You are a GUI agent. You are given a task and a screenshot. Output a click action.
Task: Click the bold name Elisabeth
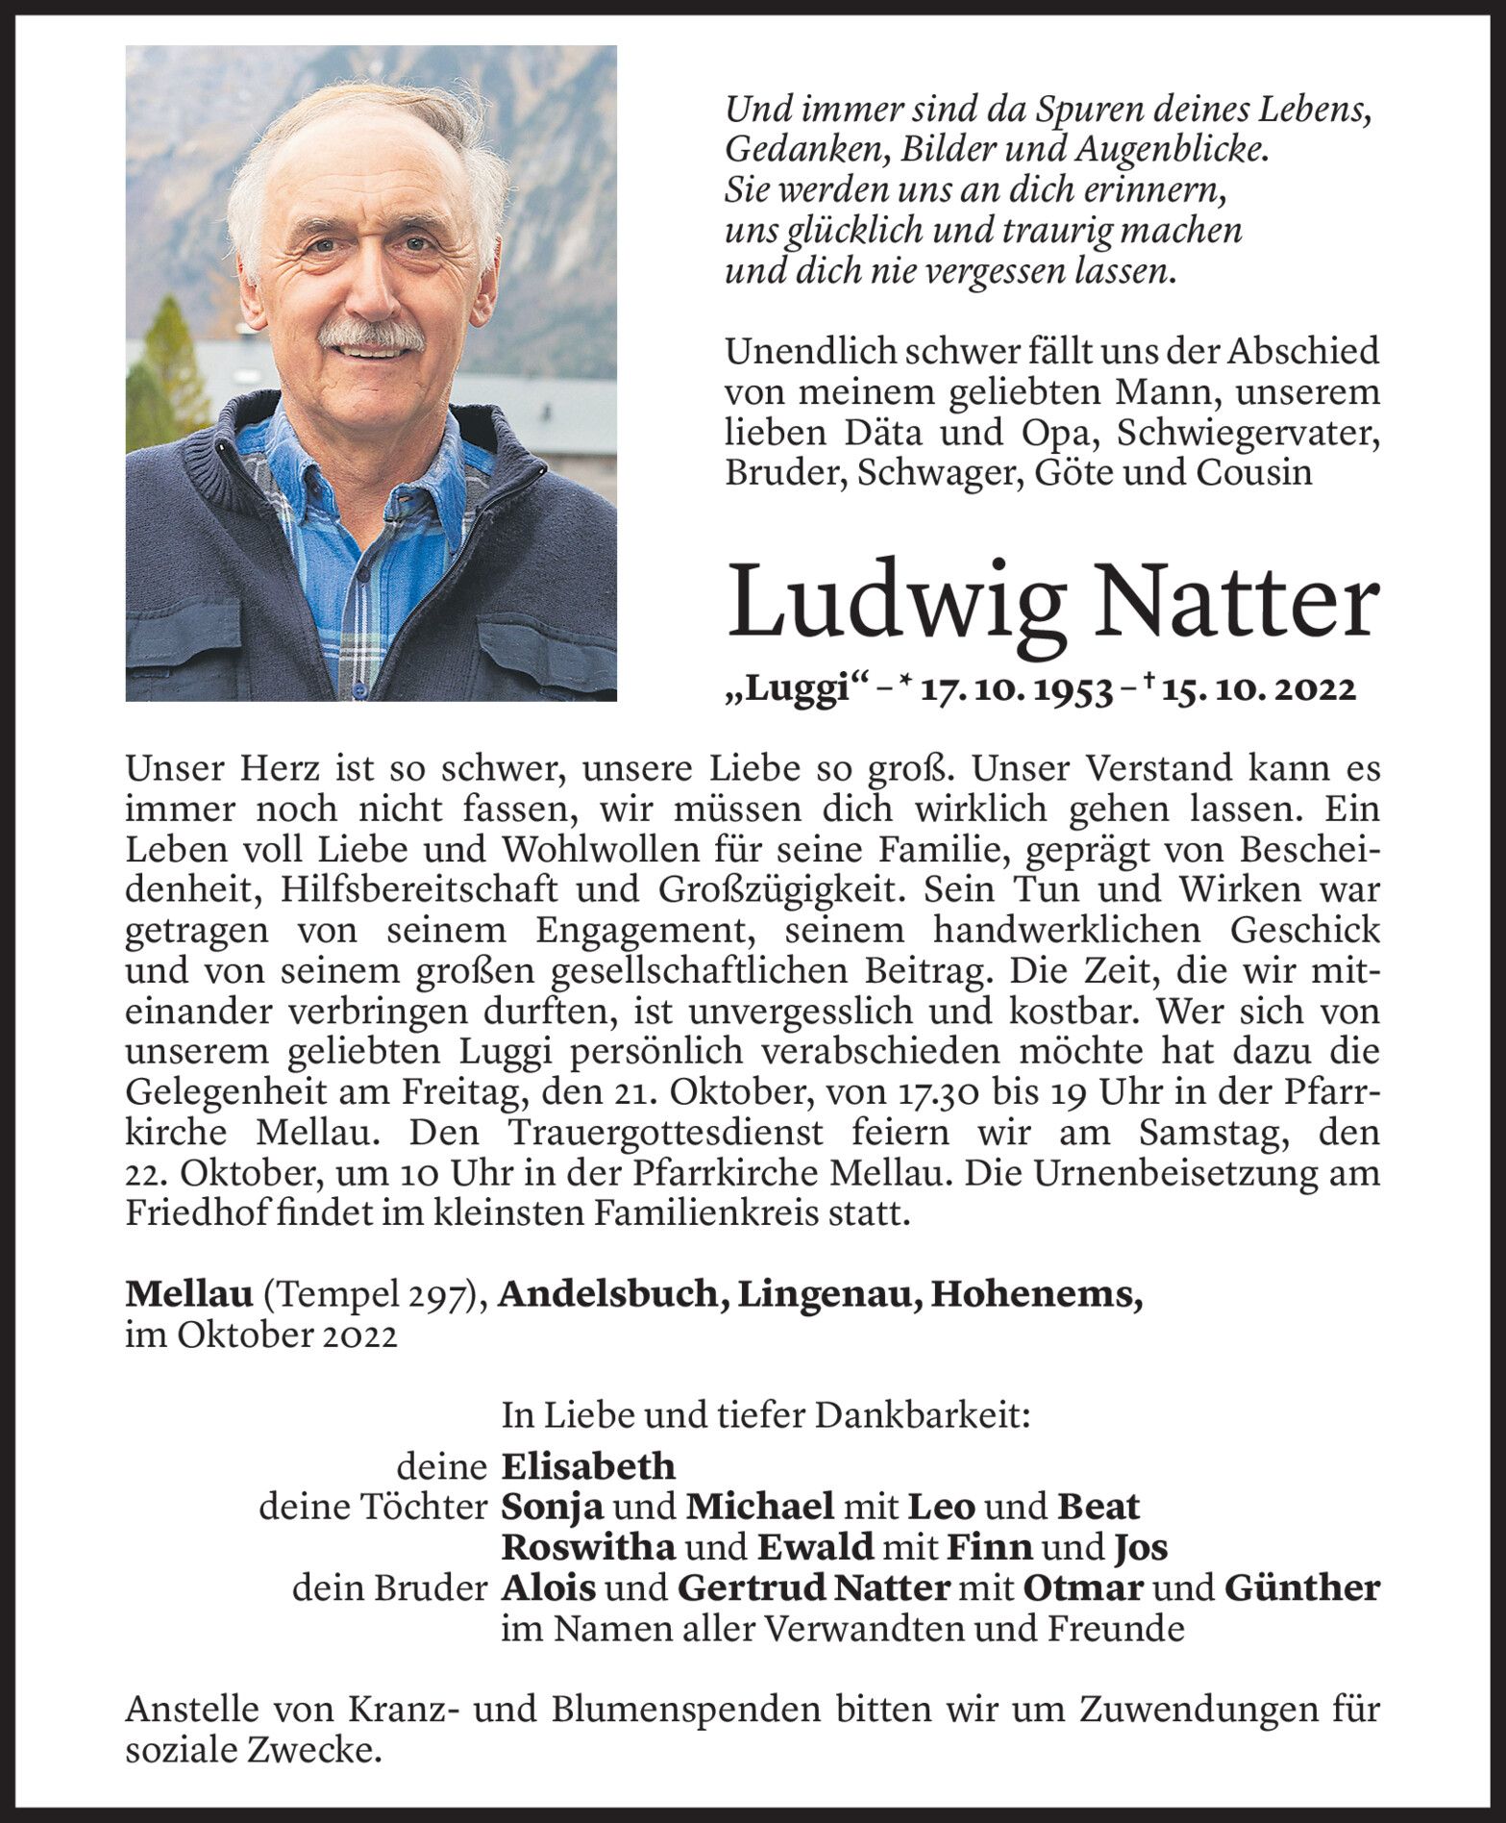(x=588, y=1466)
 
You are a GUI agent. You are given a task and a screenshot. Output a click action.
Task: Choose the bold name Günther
(x=1302, y=1587)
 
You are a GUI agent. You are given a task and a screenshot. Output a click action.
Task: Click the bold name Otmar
(x=1082, y=1587)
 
